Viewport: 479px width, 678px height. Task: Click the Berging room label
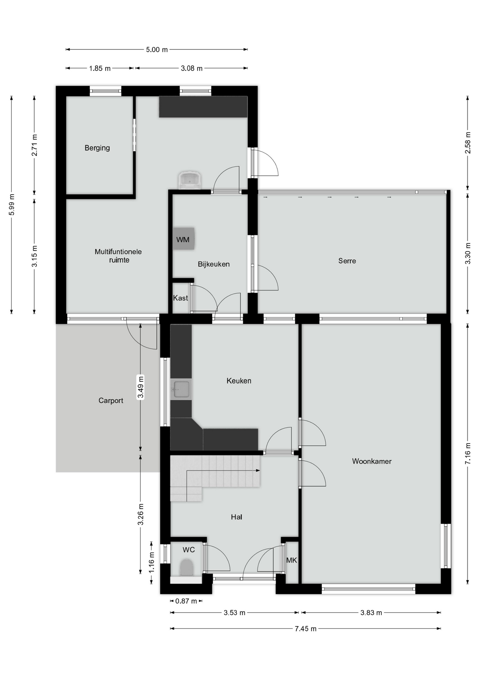tap(97, 148)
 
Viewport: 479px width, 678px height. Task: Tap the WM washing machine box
tap(183, 239)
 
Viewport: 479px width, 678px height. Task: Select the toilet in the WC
tap(187, 567)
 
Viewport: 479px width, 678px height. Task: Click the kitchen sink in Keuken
tap(181, 389)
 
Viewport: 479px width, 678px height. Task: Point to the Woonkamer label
tap(371, 461)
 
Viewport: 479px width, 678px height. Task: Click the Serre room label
tap(347, 261)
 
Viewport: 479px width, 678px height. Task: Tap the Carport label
tap(111, 400)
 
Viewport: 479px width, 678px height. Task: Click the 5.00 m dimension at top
tap(157, 50)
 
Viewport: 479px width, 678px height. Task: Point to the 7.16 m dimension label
tap(468, 453)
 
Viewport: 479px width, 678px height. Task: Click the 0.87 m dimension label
tap(186, 601)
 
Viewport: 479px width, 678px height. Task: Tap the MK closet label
tap(291, 560)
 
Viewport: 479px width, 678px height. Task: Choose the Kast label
tap(180, 298)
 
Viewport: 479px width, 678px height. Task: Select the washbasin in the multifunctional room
tap(190, 180)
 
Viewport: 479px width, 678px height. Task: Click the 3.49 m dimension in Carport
tap(140, 387)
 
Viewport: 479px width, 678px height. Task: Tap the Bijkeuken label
tap(213, 264)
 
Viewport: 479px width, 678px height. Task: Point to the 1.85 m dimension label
tap(99, 69)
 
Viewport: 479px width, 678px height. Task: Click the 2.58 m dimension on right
tap(468, 143)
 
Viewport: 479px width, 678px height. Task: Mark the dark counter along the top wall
tap(203, 107)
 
